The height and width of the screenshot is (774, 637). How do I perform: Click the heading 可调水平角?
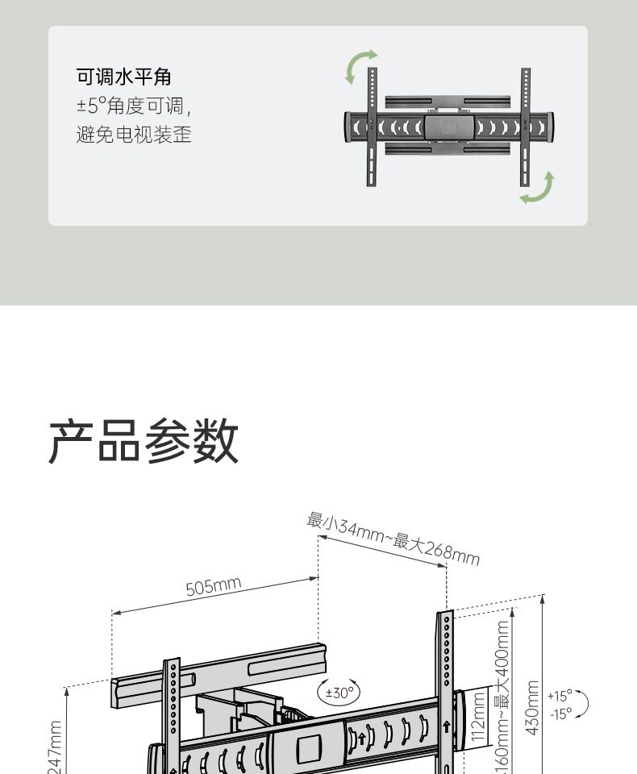pyautogui.click(x=123, y=77)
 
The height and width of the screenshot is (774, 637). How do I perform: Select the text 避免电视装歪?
pyautogui.click(x=133, y=135)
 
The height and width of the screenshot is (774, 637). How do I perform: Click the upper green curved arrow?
pyautogui.click(x=360, y=66)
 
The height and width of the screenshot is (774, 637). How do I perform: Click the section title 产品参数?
pyautogui.click(x=144, y=441)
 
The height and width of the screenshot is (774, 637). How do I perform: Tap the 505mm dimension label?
pyautogui.click(x=214, y=586)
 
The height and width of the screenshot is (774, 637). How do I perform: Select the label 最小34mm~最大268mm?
pyautogui.click(x=393, y=539)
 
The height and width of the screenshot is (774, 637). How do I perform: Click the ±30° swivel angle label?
pyautogui.click(x=339, y=692)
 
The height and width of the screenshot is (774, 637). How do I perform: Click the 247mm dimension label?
pyautogui.click(x=55, y=748)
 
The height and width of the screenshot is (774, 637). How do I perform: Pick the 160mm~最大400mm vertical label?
pyautogui.click(x=502, y=701)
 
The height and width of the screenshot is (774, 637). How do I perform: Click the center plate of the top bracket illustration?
pyautogui.click(x=449, y=127)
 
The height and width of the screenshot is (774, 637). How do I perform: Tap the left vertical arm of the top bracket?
pyautogui.click(x=372, y=127)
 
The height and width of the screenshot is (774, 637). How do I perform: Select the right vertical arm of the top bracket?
pyautogui.click(x=526, y=127)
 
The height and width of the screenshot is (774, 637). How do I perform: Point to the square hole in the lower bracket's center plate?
pyautogui.click(x=309, y=749)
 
